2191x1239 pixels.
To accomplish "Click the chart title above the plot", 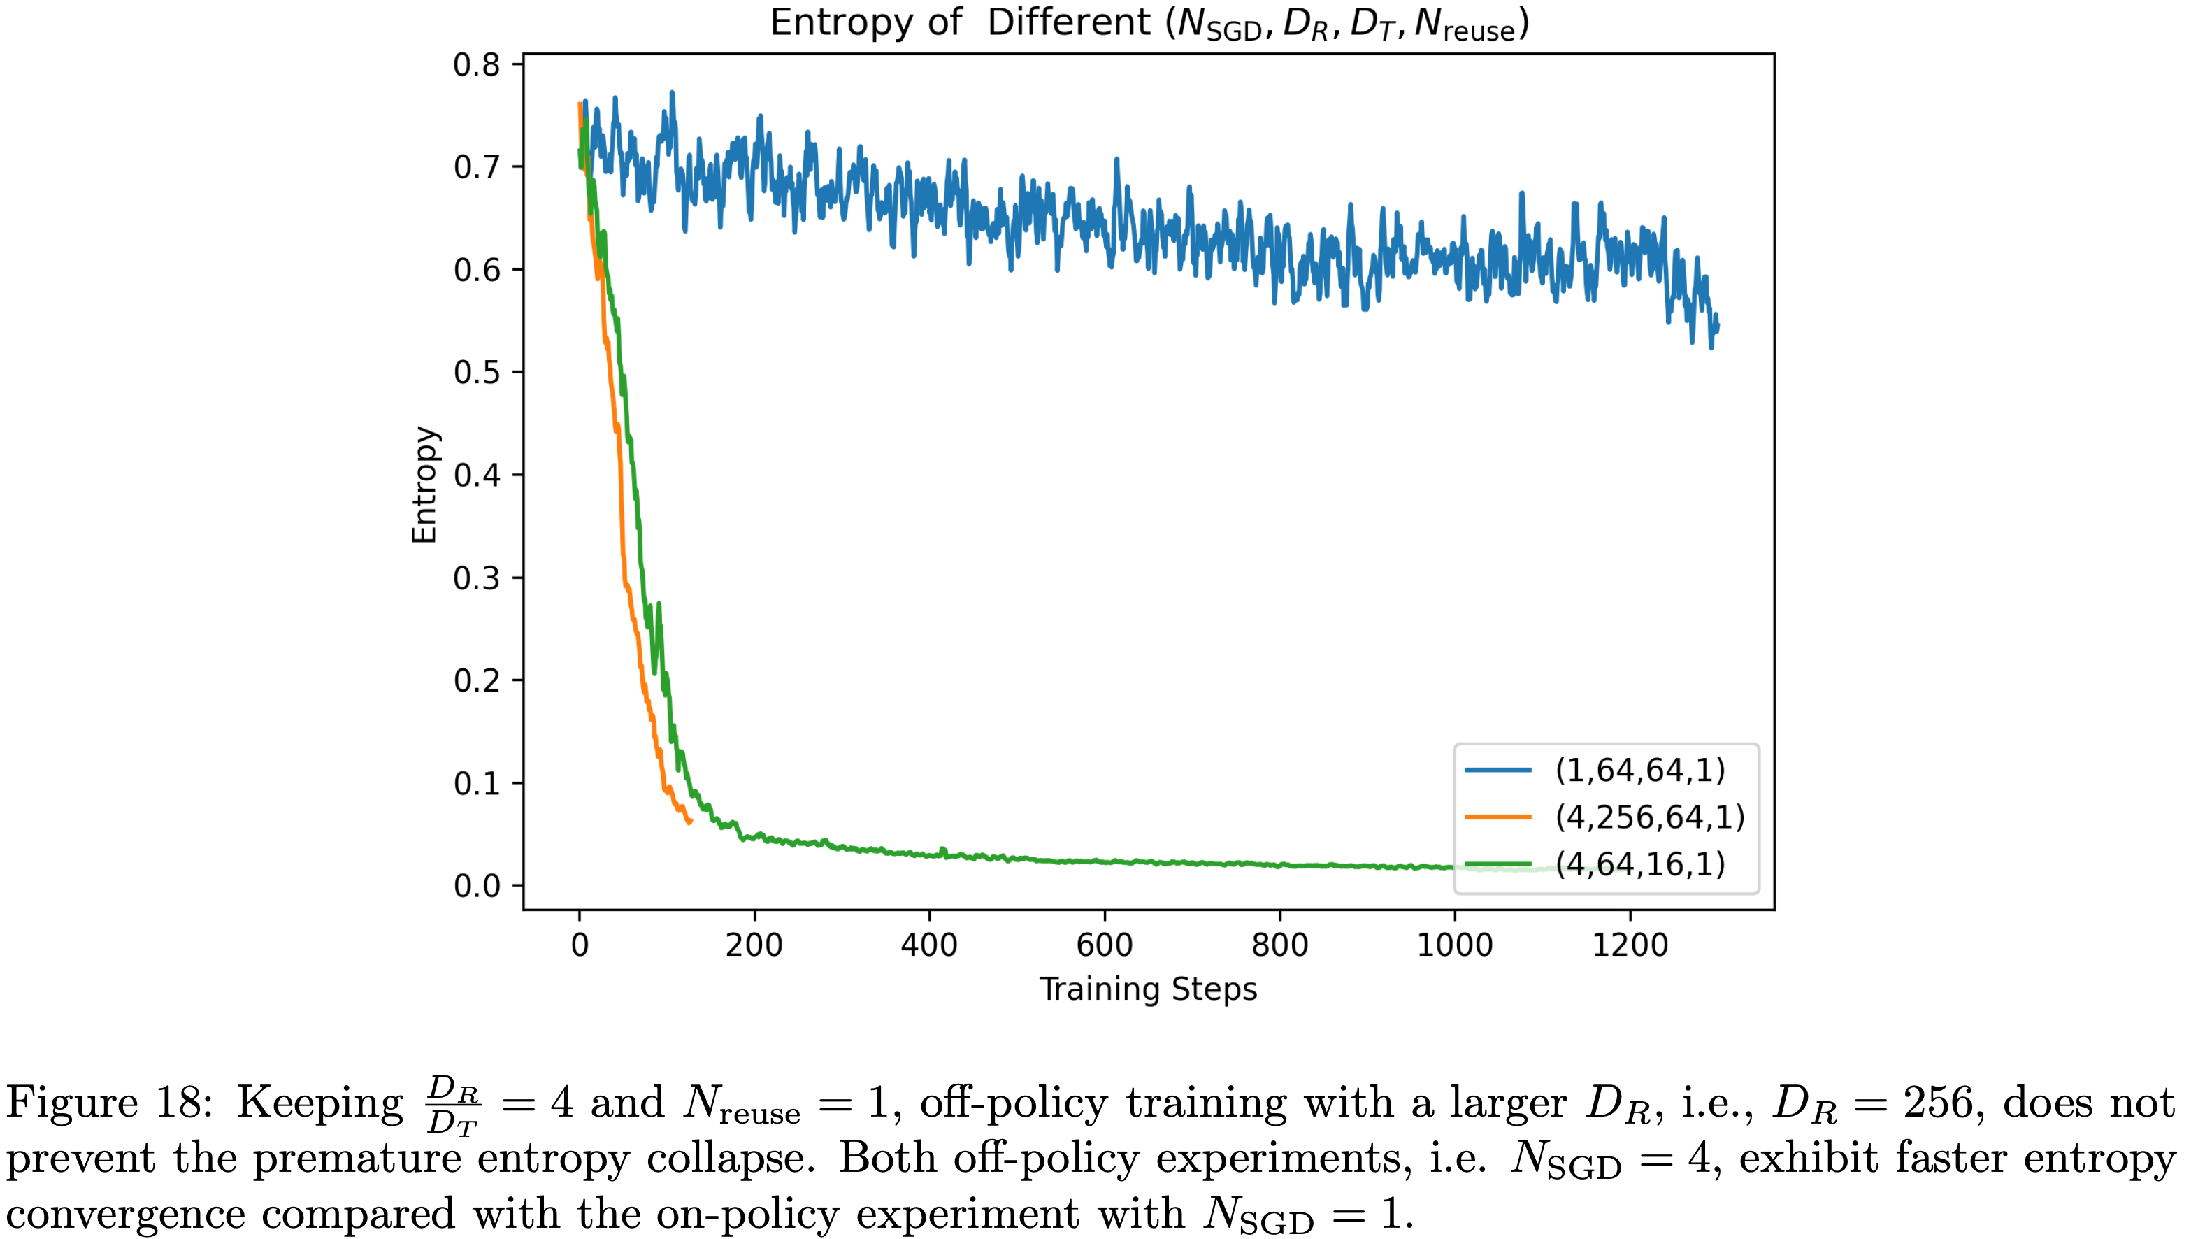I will click(x=1149, y=23).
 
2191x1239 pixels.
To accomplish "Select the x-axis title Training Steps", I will click(x=1148, y=989).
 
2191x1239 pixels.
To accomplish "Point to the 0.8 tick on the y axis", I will click(x=477, y=64).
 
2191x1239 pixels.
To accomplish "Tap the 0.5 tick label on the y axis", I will click(x=477, y=373).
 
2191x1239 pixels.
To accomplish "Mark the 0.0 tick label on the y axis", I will click(x=477, y=886).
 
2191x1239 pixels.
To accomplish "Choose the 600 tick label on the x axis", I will click(x=1105, y=945).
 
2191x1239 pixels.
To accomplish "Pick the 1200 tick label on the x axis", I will click(x=1630, y=945).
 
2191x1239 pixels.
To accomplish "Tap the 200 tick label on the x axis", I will click(x=754, y=945).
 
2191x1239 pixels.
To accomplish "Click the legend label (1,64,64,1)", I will click(x=1639, y=770).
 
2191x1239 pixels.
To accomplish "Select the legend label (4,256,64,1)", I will click(x=1650, y=817).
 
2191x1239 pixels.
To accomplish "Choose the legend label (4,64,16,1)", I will click(x=1639, y=865).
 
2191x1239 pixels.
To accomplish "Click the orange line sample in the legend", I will click(x=1498, y=817).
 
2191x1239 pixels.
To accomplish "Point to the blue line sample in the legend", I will click(x=1498, y=770).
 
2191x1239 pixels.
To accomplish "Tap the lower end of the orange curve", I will click(x=689, y=821).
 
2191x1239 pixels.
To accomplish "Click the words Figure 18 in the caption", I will click(x=108, y=1103).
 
